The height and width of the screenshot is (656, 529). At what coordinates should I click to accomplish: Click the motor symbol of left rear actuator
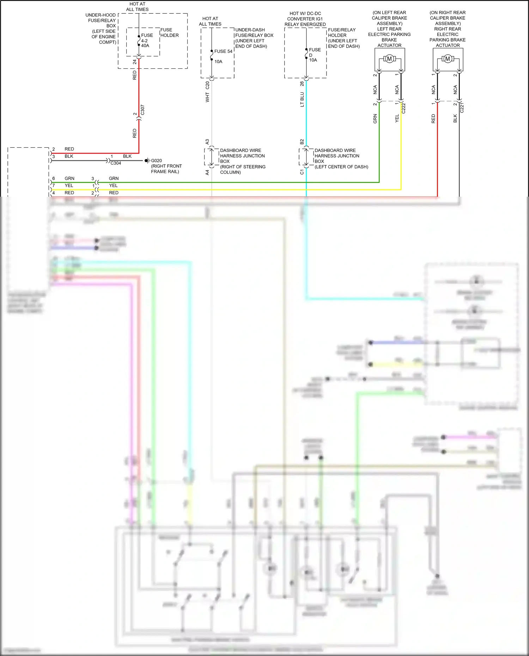[x=389, y=59]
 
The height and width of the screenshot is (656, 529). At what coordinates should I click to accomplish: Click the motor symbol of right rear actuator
[x=448, y=59]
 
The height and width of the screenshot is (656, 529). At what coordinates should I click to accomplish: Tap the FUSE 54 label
[x=223, y=51]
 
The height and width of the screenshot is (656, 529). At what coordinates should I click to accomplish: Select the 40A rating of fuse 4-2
[x=145, y=46]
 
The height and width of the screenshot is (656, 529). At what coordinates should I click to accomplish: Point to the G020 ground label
[x=156, y=161]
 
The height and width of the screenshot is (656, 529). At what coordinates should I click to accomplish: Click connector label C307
[x=142, y=110]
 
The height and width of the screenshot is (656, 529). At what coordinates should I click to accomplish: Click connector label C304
[x=116, y=163]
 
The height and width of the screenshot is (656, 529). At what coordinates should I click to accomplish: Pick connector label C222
[x=404, y=108]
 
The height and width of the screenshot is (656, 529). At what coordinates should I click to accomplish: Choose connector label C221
[x=462, y=108]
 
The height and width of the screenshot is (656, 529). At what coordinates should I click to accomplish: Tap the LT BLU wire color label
[x=302, y=99]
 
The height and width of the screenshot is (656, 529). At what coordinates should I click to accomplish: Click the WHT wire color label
[x=207, y=98]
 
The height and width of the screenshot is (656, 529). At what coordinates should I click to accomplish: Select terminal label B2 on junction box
[x=302, y=142]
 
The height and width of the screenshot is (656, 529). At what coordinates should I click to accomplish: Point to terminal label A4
[x=207, y=172]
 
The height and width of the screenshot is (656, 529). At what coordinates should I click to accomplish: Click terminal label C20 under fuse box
[x=207, y=85]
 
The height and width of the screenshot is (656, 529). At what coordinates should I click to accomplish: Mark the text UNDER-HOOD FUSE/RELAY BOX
[x=101, y=20]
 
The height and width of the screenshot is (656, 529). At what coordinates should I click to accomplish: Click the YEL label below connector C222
[x=397, y=118]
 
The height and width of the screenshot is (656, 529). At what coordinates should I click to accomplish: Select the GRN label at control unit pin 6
[x=69, y=179]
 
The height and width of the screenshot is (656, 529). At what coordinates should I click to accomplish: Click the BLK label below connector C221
[x=455, y=118]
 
